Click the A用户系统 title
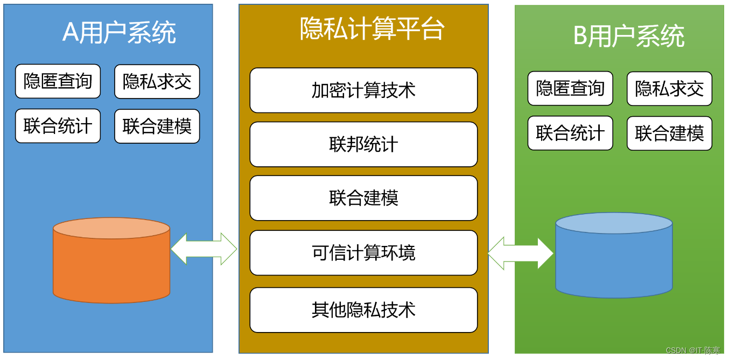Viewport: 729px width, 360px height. [119, 32]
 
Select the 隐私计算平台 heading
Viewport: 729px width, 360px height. [372, 29]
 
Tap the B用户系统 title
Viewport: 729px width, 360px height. [628, 37]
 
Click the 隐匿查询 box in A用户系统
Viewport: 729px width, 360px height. [58, 81]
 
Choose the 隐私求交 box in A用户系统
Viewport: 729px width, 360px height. [157, 81]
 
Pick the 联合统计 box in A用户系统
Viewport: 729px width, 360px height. [58, 126]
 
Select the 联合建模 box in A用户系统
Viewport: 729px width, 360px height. [157, 126]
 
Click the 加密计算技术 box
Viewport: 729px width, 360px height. [363, 90]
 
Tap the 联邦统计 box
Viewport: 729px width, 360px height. [363, 144]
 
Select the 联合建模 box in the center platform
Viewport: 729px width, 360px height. [363, 198]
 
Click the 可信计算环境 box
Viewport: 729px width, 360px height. [363, 253]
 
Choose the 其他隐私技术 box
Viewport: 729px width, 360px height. [363, 310]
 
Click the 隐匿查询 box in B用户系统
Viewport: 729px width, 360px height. [570, 88]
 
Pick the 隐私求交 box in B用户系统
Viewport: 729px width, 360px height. [669, 88]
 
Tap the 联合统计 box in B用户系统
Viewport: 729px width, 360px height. [570, 133]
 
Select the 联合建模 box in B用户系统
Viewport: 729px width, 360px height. [669, 133]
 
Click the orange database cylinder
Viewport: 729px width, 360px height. [111, 261]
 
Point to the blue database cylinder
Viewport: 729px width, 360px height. [614, 256]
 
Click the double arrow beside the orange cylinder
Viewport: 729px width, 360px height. [204, 249]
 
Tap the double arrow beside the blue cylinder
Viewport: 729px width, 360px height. [520, 252]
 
